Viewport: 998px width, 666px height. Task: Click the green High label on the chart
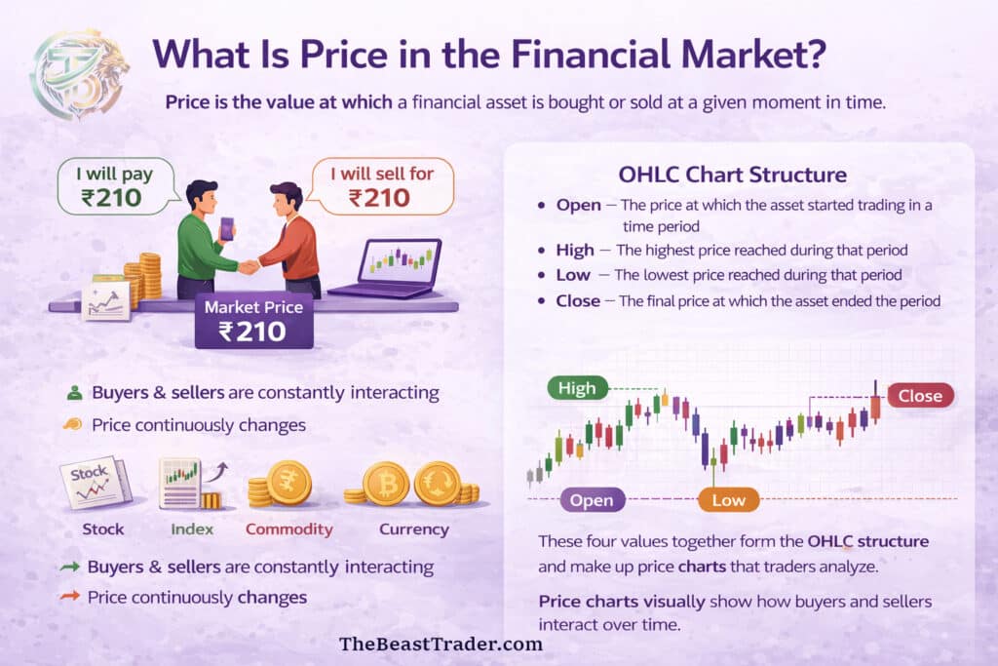577,388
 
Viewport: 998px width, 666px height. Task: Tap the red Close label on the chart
919,395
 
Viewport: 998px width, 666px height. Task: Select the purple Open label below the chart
592,500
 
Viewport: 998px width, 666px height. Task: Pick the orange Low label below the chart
728,500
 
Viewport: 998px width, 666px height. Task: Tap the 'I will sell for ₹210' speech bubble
381,186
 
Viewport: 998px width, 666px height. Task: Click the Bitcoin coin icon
386,483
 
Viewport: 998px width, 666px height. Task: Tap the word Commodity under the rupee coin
288,529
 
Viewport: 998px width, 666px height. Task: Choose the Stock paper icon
94,483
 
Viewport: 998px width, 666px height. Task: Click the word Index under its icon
191,529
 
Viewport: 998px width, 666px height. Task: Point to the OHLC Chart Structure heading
732,176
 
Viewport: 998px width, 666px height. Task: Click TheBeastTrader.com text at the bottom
440,644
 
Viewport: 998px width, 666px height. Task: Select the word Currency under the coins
413,529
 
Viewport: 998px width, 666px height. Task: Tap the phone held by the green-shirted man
226,227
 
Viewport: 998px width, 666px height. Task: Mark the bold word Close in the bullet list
578,301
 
